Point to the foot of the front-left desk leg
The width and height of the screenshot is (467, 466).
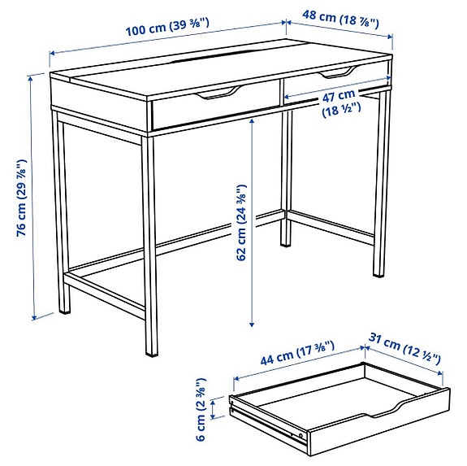[x=64, y=311]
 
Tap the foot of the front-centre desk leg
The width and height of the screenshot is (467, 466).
[x=151, y=354]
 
